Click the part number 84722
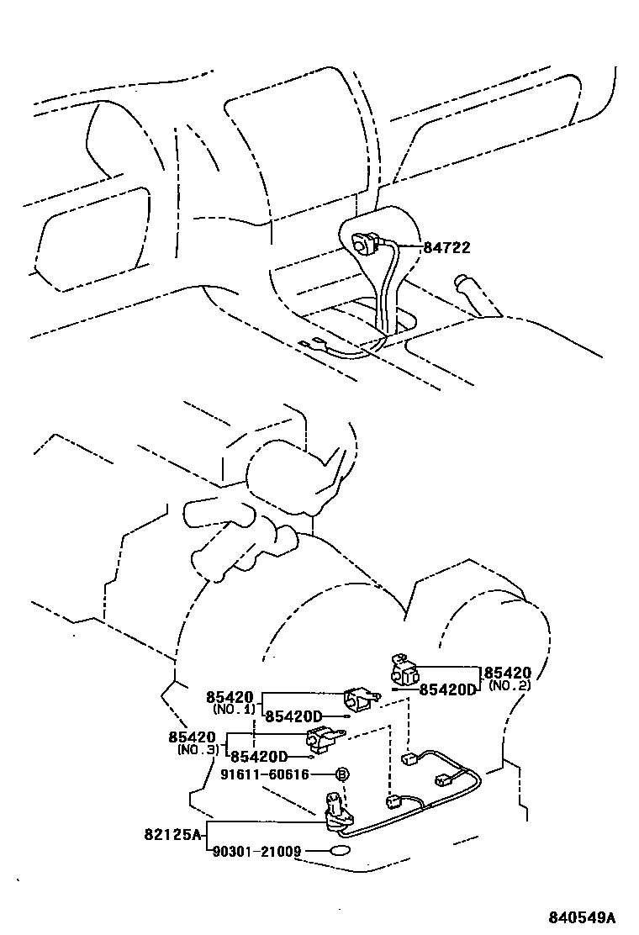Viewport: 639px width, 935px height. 446,248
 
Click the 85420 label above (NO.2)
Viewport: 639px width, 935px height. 509,673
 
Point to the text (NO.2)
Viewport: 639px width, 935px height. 508,685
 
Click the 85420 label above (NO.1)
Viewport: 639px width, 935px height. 230,697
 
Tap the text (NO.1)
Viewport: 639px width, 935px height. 233,709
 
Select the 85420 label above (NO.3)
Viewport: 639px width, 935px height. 193,737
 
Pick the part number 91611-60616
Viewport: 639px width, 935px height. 265,774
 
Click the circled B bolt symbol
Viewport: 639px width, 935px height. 342,774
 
